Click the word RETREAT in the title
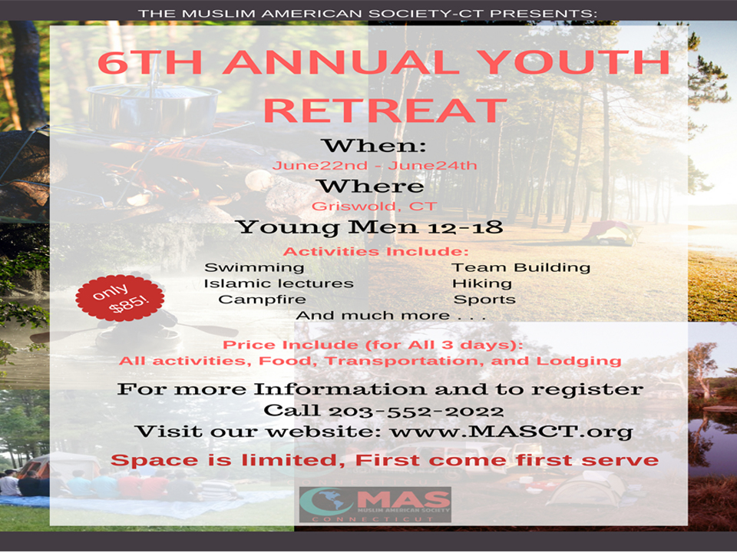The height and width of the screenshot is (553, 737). [385, 111]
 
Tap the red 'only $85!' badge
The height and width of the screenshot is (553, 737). [120, 298]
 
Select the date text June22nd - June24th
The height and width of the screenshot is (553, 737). [375, 166]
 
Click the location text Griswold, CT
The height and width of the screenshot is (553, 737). [374, 206]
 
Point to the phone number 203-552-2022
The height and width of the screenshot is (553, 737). [416, 412]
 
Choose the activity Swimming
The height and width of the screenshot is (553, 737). [254, 267]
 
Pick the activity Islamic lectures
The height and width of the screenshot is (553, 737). [278, 283]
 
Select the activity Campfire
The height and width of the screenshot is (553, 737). [262, 300]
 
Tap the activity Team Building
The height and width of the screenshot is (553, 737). [521, 267]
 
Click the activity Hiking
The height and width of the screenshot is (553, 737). [482, 283]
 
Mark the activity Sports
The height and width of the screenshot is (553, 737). [484, 300]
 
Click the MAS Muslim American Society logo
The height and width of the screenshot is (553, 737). [375, 505]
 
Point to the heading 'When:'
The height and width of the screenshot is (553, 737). [374, 146]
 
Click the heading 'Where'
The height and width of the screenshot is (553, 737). [372, 186]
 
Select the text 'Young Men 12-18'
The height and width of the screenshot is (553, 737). [370, 227]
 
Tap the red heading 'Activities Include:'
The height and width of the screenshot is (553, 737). [375, 252]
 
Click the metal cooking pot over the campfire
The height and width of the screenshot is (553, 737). [153, 108]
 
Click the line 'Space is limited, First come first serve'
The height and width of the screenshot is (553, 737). [385, 460]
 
